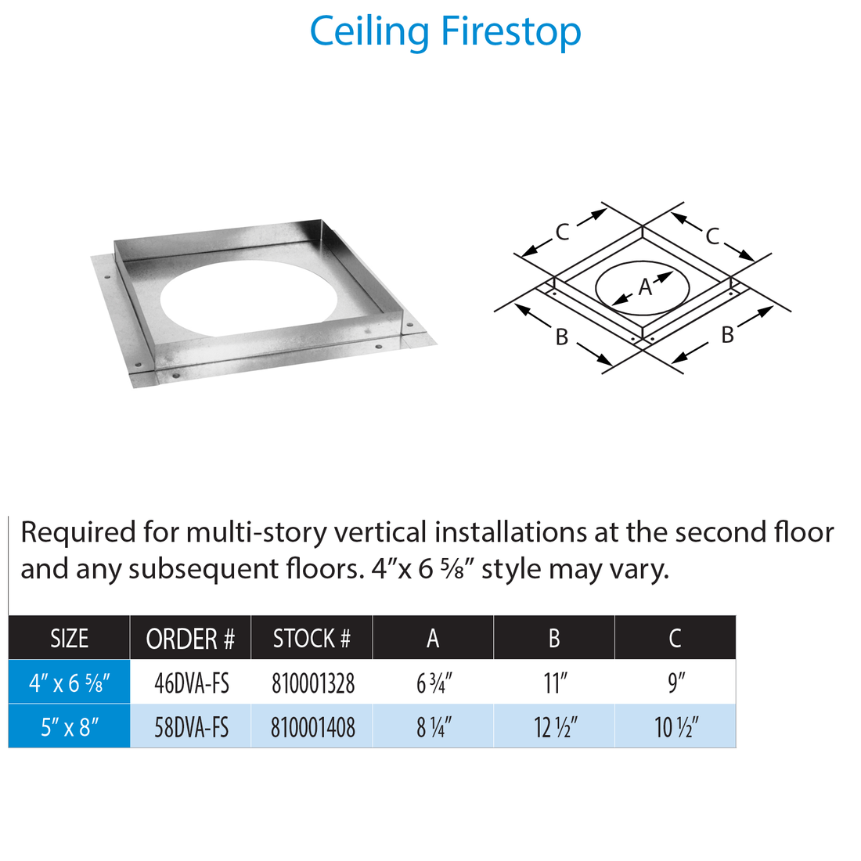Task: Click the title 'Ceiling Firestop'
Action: pos(445,32)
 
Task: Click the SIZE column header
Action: pos(69,639)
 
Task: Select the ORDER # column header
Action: pos(190,639)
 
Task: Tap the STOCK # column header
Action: pos(312,639)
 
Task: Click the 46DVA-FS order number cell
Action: pos(192,683)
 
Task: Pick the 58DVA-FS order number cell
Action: pos(192,728)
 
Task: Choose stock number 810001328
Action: pos(313,683)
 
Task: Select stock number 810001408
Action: pos(313,728)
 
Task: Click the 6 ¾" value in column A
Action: pos(434,683)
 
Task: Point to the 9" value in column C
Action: pos(676,683)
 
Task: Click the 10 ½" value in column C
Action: pos(676,728)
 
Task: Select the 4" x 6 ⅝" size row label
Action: pos(69,683)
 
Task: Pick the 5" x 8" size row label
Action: pos(69,728)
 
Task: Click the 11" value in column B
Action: pos(555,683)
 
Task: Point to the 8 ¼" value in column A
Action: pos(434,728)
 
